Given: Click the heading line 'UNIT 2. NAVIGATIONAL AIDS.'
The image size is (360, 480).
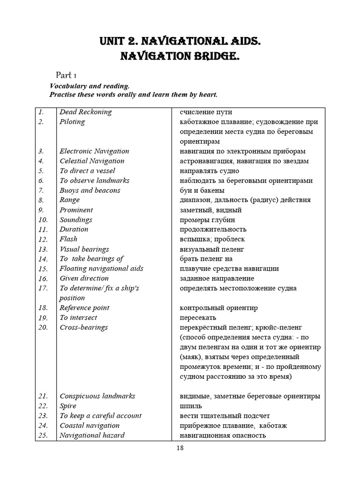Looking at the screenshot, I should [x=180, y=42].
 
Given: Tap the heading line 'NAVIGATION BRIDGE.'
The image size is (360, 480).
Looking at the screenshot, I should [x=180, y=57].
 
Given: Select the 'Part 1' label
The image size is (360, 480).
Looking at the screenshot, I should [x=67, y=75].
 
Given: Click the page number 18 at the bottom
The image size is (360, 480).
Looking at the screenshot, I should [x=180, y=448].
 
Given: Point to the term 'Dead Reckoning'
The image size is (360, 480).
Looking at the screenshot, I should [x=86, y=112].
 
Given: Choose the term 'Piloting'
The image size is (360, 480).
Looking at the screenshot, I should [x=72, y=122].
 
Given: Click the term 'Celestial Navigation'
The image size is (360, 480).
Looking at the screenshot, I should [x=92, y=161].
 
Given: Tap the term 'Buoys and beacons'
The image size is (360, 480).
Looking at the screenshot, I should [x=90, y=190].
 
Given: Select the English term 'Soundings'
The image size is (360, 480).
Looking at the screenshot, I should [x=76, y=220].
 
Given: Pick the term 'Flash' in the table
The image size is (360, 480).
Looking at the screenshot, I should [x=68, y=239].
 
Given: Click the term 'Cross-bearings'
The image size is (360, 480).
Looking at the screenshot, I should [x=83, y=327].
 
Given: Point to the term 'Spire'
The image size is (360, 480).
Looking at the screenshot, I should [x=68, y=406].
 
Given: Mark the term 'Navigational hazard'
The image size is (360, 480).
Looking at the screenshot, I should [x=92, y=435].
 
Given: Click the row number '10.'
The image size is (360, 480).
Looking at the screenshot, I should [x=43, y=220].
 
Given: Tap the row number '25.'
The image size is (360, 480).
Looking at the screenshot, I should [x=43, y=435].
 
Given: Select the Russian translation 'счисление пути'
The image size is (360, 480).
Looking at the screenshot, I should [x=205, y=112].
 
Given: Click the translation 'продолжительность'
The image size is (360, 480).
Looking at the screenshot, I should [x=213, y=230].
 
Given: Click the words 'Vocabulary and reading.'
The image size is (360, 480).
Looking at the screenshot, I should [x=90, y=86].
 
